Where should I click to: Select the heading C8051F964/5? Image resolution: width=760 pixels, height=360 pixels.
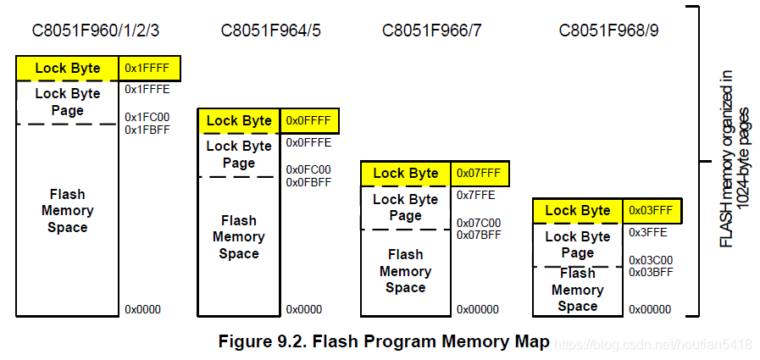pyautogui.click(x=270, y=31)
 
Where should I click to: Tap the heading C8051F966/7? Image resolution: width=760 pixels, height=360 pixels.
pyautogui.click(x=432, y=31)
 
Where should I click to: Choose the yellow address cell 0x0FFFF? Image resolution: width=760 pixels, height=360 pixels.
pyautogui.click(x=308, y=120)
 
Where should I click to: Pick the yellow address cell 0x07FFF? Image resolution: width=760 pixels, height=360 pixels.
pyautogui.click(x=479, y=173)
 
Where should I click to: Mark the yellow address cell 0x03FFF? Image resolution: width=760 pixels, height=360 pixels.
pyautogui.click(x=651, y=210)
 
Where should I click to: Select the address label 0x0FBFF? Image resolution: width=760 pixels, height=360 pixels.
pyautogui.click(x=308, y=182)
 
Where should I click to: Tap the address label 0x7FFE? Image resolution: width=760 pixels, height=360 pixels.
pyautogui.click(x=476, y=195)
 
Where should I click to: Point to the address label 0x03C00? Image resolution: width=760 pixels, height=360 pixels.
pyautogui.click(x=651, y=260)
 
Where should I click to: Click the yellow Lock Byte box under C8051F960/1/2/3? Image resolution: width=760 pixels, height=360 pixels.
pyautogui.click(x=68, y=68)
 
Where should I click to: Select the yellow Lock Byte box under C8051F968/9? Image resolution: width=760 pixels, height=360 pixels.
pyautogui.click(x=578, y=210)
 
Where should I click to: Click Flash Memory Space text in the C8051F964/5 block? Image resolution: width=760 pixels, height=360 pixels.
pyautogui.click(x=238, y=237)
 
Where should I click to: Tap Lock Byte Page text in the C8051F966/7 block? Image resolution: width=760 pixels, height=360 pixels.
pyautogui.click(x=405, y=208)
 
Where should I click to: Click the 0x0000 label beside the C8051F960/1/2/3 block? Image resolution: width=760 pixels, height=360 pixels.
pyautogui.click(x=142, y=309)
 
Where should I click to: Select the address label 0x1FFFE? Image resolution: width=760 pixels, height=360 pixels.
pyautogui.click(x=147, y=89)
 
